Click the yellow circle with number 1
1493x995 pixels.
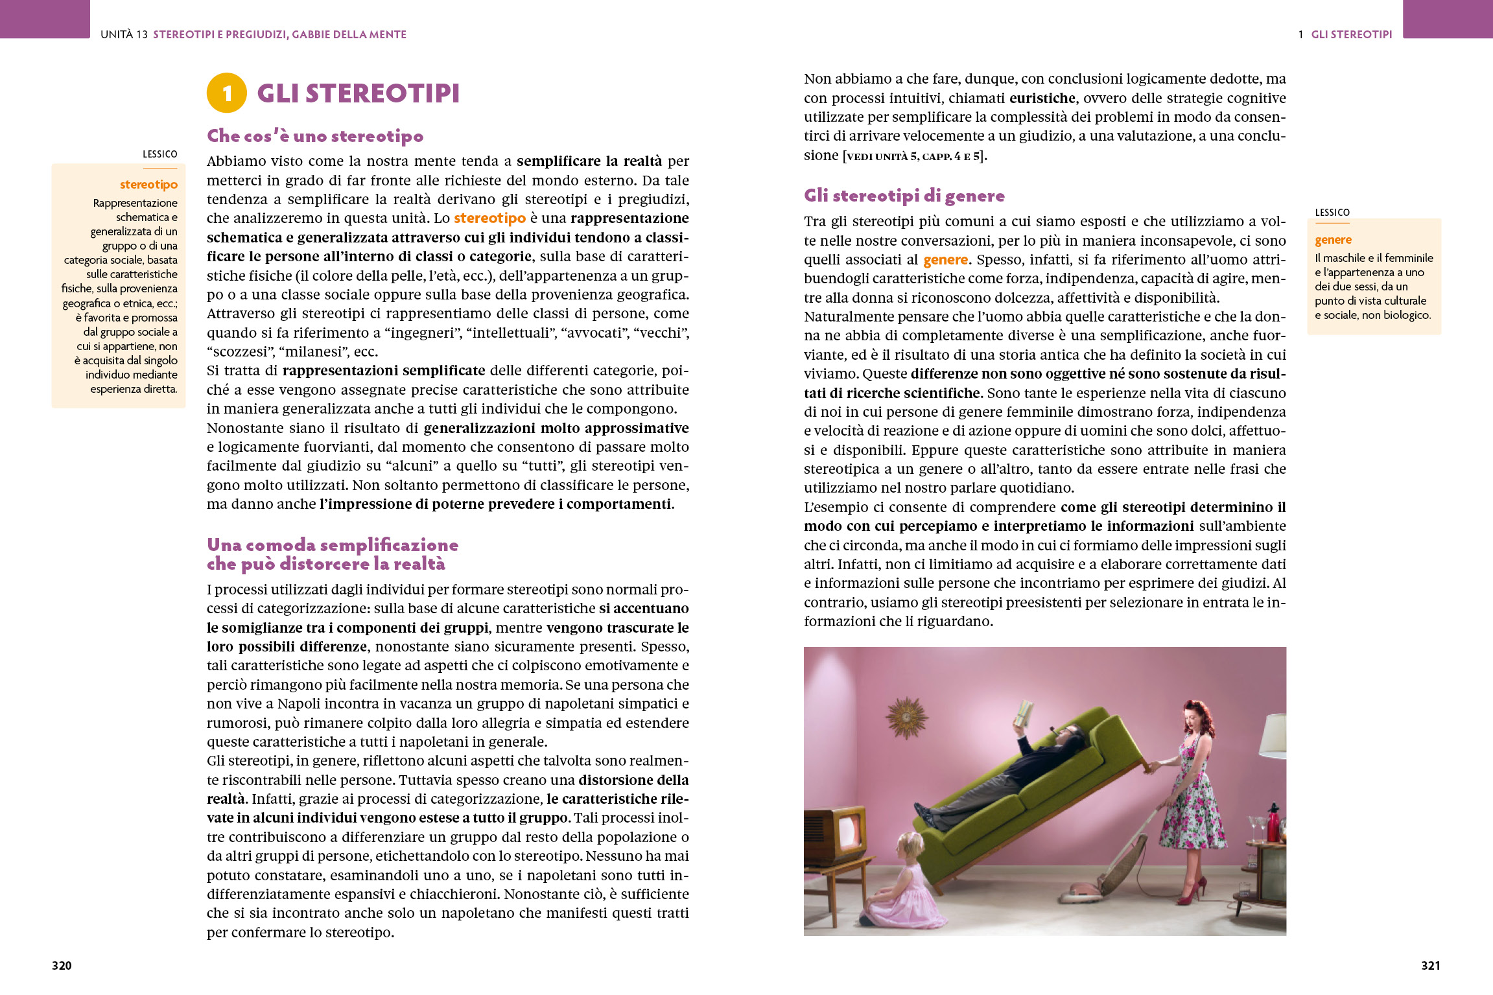click(226, 93)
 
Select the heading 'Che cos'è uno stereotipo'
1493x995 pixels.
click(315, 136)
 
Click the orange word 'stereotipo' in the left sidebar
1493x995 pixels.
click(148, 185)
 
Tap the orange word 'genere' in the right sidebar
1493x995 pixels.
click(1333, 240)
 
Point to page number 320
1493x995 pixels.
click(62, 965)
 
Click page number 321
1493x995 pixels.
click(1430, 965)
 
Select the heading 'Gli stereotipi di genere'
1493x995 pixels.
click(904, 196)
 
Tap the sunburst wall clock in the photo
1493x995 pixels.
click(907, 716)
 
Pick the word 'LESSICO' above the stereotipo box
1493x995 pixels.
click(159, 154)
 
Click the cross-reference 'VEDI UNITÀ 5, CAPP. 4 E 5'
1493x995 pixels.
click(914, 156)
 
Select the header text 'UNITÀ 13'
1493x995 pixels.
click(124, 34)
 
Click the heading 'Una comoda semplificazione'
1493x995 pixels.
click(333, 545)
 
